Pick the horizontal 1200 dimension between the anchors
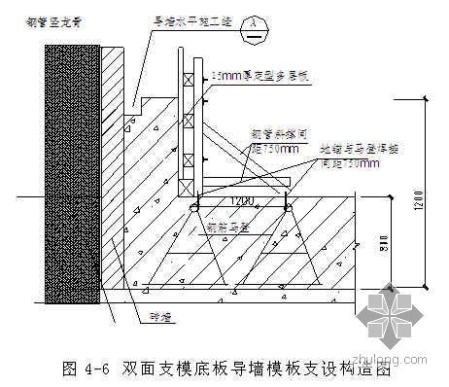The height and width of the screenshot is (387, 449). [240, 202]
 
